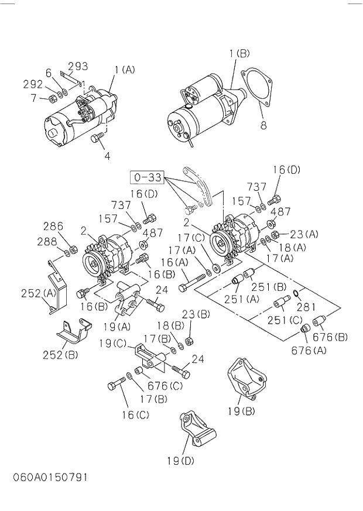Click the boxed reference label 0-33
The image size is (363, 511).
pyautogui.click(x=146, y=176)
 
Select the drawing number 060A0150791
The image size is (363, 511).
pyautogui.click(x=50, y=477)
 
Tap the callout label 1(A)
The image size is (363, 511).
pyautogui.click(x=125, y=70)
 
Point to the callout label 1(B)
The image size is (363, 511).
pyautogui.click(x=239, y=54)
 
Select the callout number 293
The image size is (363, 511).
pyautogui.click(x=78, y=66)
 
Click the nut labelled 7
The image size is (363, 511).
pyautogui.click(x=53, y=98)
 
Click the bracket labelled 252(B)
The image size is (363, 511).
pyautogui.click(x=73, y=334)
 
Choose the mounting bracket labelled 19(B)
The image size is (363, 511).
pyautogui.click(x=242, y=379)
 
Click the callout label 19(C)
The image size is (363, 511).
pyautogui.click(x=113, y=344)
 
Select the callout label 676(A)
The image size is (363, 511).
pyautogui.click(x=310, y=350)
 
